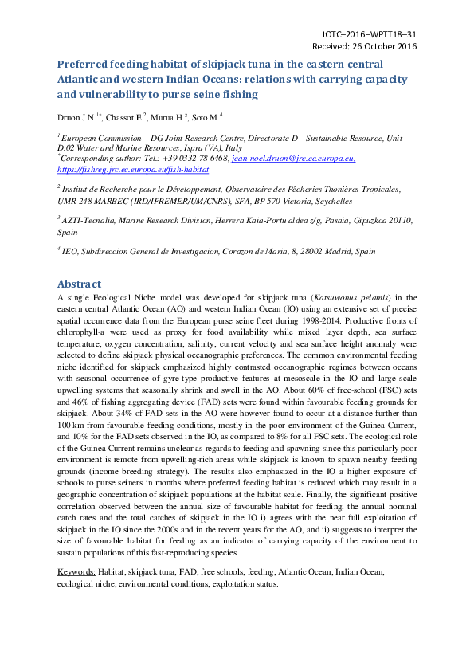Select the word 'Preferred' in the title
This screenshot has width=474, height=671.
[x=85, y=65]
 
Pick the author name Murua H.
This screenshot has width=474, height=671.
[x=168, y=117]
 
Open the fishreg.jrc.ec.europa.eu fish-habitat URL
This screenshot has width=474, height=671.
[x=133, y=169]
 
